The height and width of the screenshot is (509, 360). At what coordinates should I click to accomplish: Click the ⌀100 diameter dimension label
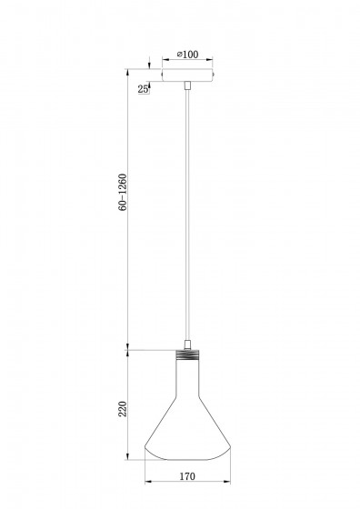click(187, 55)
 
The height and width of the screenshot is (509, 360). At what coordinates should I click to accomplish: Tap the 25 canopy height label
click(143, 89)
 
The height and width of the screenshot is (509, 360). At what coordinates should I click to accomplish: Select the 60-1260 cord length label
click(123, 193)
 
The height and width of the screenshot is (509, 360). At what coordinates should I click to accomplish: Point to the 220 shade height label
click(123, 409)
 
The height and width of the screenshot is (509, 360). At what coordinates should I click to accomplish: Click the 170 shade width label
click(187, 476)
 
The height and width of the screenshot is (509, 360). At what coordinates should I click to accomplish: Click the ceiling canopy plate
click(187, 75)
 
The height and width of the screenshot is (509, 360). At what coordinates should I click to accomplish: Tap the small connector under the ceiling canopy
click(187, 85)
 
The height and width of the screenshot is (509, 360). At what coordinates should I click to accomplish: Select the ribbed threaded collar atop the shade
click(187, 354)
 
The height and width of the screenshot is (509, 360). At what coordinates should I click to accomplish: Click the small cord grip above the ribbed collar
click(187, 344)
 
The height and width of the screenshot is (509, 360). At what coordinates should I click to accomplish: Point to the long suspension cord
click(187, 215)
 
